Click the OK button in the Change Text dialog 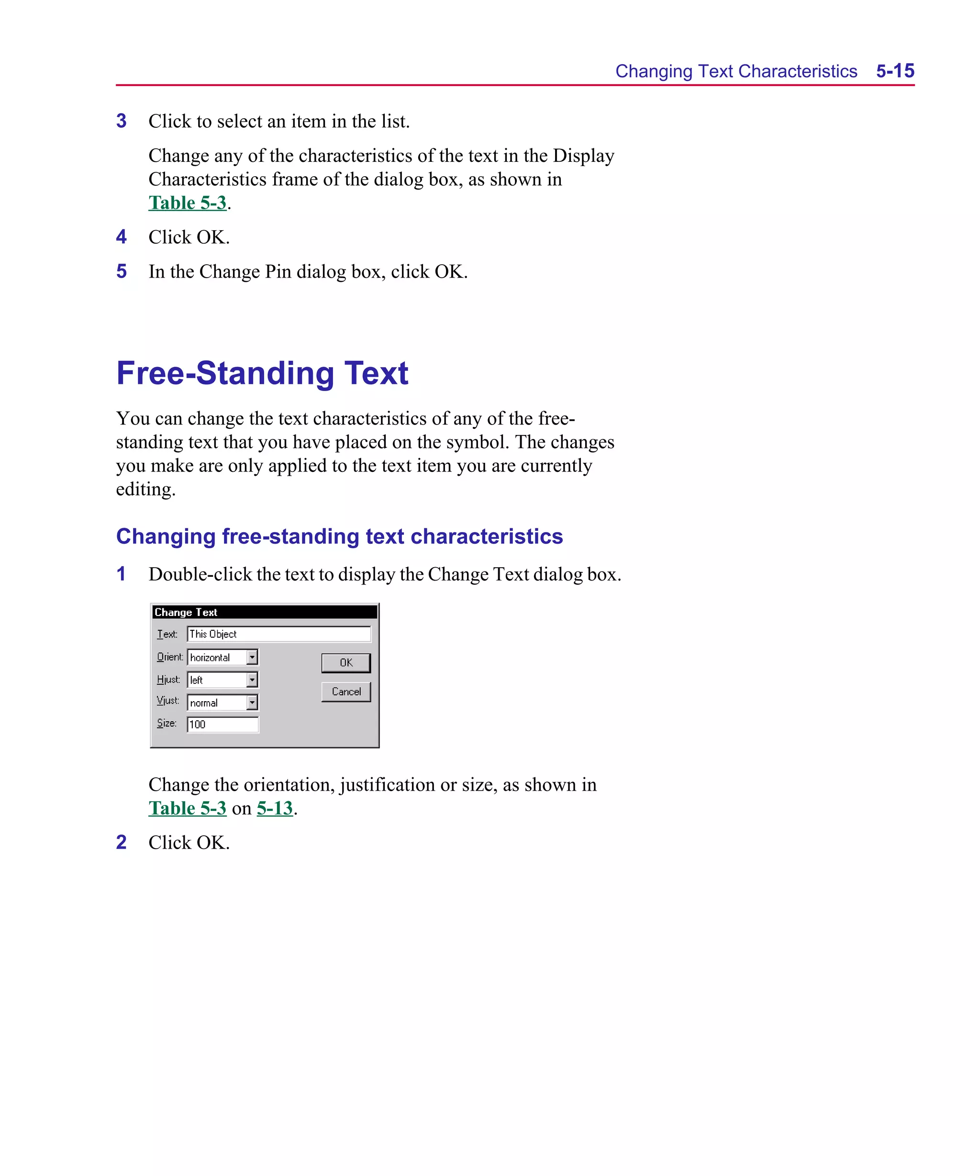pos(345,662)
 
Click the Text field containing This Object pos(278,634)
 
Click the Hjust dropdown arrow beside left pos(252,680)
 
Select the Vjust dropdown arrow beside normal pos(252,702)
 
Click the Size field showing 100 pos(223,725)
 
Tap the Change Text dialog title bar pos(264,612)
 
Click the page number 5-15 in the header pos(895,71)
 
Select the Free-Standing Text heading pos(262,373)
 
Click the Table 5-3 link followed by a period pos(187,203)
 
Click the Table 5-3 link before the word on pos(187,808)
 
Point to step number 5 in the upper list pos(122,271)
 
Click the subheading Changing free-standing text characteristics pos(339,537)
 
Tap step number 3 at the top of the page pos(122,121)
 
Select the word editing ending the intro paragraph pos(145,490)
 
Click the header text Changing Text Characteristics pos(736,71)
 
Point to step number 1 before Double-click pos(121,574)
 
